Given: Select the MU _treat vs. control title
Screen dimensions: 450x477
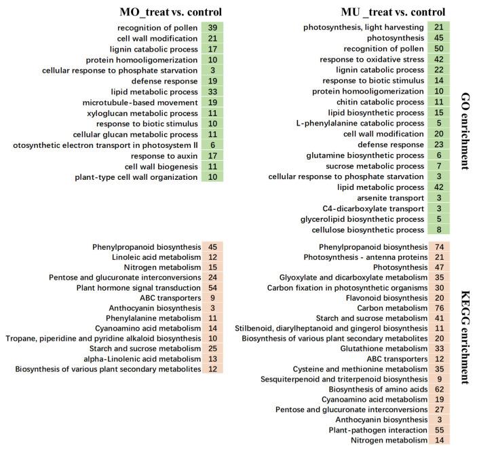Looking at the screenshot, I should tap(394, 12).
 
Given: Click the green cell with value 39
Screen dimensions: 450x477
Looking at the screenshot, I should tap(212, 27).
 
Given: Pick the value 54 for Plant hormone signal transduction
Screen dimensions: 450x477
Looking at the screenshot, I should tap(212, 288).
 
